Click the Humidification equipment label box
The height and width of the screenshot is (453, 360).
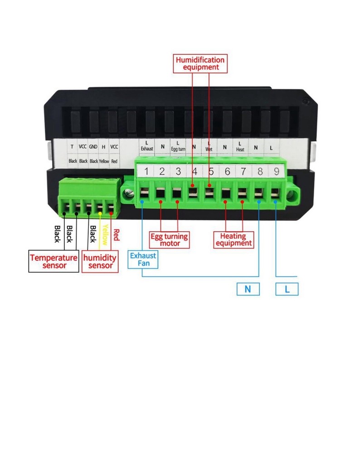pos(200,63)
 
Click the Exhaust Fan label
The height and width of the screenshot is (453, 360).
pos(143,260)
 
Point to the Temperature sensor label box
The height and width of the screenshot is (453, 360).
pos(54,261)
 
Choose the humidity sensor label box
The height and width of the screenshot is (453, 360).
pos(100,261)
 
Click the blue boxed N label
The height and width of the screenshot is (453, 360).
pos(248,289)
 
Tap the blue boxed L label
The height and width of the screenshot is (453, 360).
pos(287,289)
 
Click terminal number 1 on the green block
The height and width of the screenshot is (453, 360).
pos(146,172)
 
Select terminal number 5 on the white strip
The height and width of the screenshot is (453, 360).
pos(211,172)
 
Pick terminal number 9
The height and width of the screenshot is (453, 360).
pos(276,172)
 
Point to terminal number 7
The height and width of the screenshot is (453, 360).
pos(243,172)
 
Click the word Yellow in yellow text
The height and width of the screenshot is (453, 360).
pos(105,234)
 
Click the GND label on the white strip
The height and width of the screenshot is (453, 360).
pos(93,147)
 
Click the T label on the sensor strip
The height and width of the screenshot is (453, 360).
pos(72,147)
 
